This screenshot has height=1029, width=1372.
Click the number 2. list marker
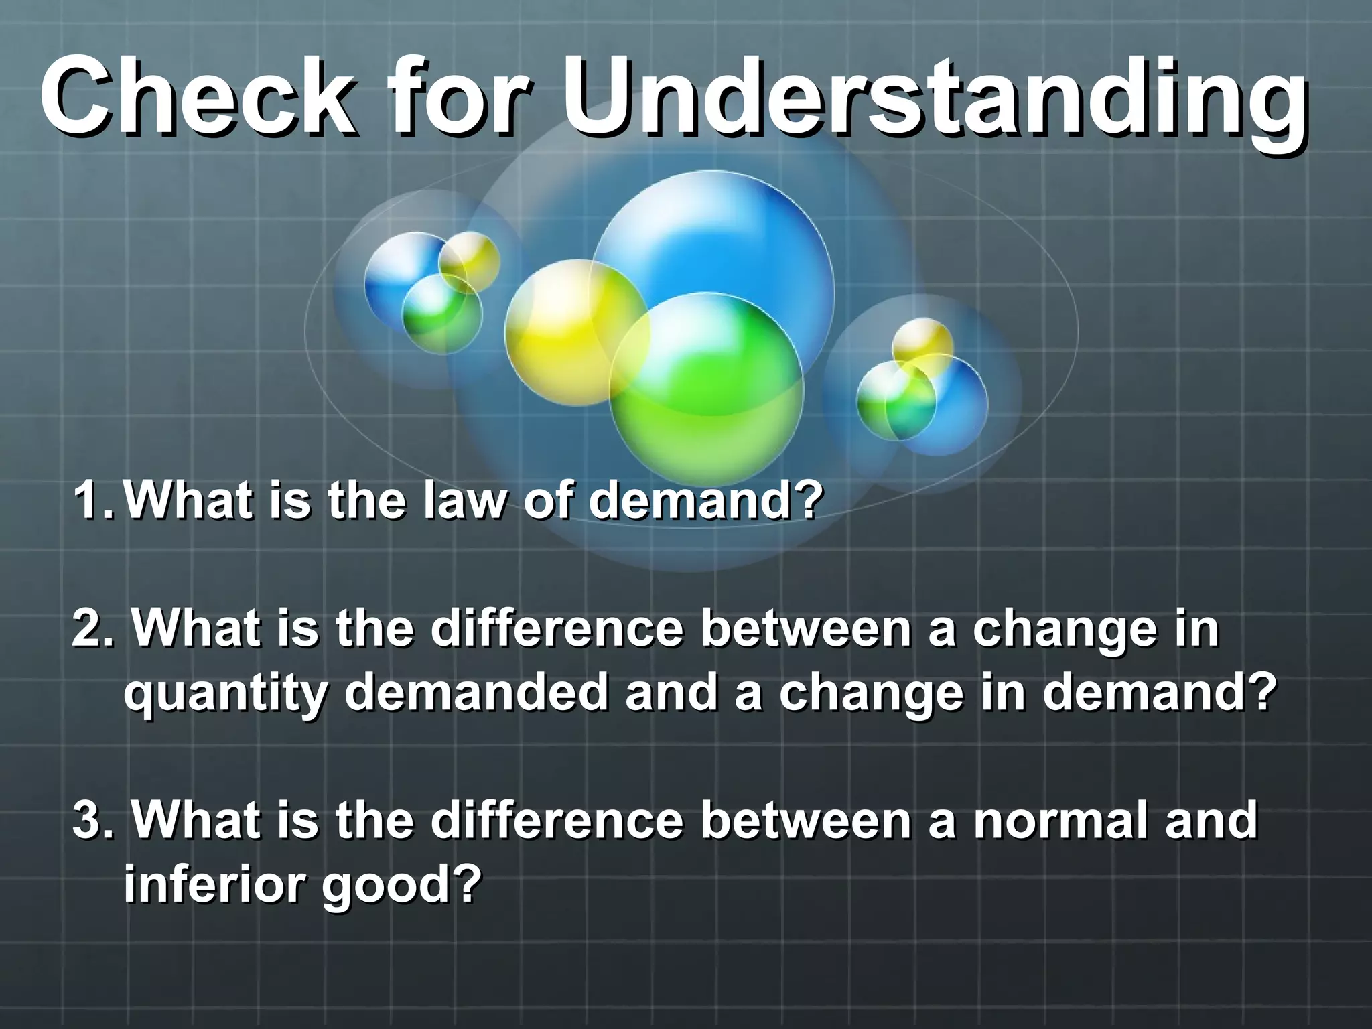(x=92, y=630)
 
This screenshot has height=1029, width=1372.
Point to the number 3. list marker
(x=92, y=821)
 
